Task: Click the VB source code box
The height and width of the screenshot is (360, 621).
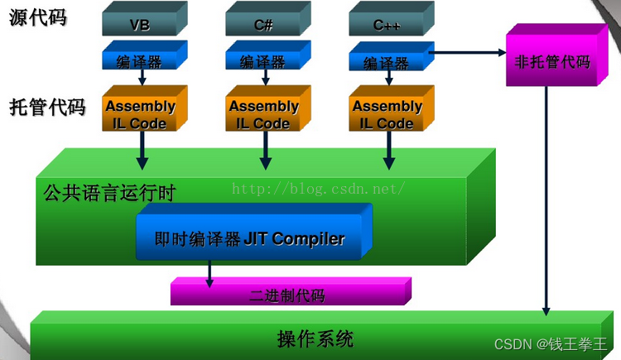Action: pyautogui.click(x=139, y=24)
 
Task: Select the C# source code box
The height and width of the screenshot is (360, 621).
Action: pyautogui.click(x=263, y=24)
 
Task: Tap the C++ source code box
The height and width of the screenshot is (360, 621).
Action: pyautogui.click(x=386, y=24)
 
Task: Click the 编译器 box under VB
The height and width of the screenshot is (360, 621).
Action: pyautogui.click(x=139, y=61)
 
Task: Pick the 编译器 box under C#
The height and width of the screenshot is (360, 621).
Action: pyautogui.click(x=263, y=61)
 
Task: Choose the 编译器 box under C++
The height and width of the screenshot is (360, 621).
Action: pyautogui.click(x=386, y=62)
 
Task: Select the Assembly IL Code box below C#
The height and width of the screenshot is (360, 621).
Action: pyautogui.click(x=264, y=114)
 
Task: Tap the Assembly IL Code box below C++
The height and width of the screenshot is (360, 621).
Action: pyautogui.click(x=387, y=114)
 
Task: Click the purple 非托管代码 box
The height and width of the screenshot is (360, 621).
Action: pyautogui.click(x=553, y=60)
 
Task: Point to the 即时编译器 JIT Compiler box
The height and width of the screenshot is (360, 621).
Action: pyautogui.click(x=250, y=238)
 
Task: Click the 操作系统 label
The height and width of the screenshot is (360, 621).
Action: pyautogui.click(x=315, y=339)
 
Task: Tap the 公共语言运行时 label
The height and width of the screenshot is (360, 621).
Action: pyautogui.click(x=109, y=193)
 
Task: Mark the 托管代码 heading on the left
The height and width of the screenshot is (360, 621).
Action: pyautogui.click(x=47, y=107)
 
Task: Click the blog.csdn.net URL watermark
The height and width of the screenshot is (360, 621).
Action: pyautogui.click(x=318, y=189)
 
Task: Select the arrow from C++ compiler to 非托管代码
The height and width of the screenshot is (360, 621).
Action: pyautogui.click(x=468, y=53)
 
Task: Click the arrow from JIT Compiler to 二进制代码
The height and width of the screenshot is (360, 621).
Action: pyautogui.click(x=209, y=274)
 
